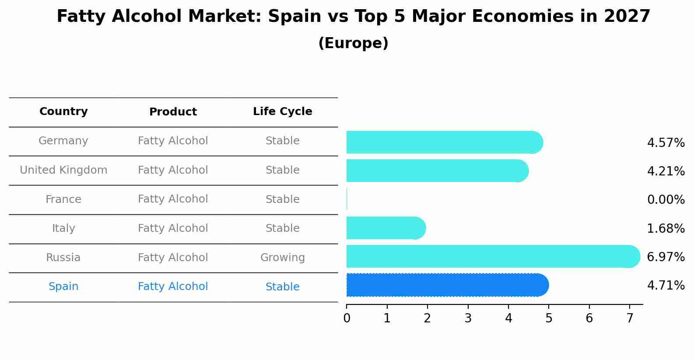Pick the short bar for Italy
coord(386,228)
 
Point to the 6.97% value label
coord(666,257)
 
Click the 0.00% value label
coord(666,200)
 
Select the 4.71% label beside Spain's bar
coord(666,286)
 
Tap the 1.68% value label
coord(666,228)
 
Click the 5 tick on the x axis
coord(549,318)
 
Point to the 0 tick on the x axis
coord(347,318)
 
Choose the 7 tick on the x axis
coord(630,318)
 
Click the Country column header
coord(63,112)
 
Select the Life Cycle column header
coord(282,112)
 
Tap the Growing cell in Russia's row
coord(282,258)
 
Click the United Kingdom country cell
coord(63,170)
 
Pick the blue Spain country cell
coord(63,287)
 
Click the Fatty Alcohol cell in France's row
coord(173,199)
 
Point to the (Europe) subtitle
coord(353,43)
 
